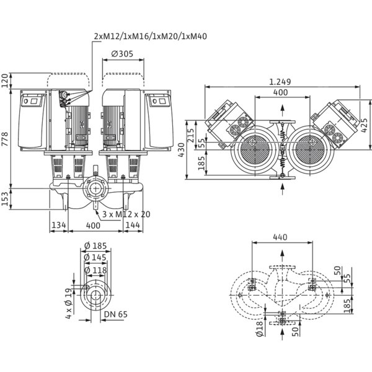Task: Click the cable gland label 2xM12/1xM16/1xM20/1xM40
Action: point(151,37)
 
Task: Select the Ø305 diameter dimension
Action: point(122,54)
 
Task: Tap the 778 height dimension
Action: point(5,139)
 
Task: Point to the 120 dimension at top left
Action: point(5,81)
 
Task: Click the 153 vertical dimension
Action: point(5,199)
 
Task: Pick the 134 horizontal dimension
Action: point(59,225)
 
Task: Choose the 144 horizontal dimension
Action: point(133,225)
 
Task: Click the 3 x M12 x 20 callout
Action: point(126,215)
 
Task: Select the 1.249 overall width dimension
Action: point(280,82)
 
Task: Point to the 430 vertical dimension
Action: point(182,150)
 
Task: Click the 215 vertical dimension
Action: point(191,135)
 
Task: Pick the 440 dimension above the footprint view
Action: point(280,237)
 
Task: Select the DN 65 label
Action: point(116,314)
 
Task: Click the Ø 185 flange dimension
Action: point(95,246)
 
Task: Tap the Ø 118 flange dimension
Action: point(95,270)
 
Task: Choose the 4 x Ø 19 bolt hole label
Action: point(68,303)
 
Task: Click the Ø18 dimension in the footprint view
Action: point(260,328)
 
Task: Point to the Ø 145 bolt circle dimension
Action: point(95,257)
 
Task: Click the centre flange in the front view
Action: point(95,188)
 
